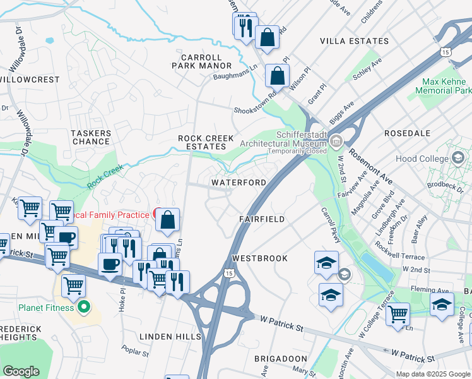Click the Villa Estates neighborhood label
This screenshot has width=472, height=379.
[x=354, y=41]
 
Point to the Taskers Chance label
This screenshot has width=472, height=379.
[x=91, y=137]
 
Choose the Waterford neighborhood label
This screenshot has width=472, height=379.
[x=239, y=183]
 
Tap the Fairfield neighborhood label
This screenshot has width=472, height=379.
[x=262, y=219]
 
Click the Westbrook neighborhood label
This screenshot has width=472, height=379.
[x=259, y=258]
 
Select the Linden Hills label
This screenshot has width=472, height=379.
[x=170, y=337]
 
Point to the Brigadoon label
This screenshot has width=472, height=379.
[x=280, y=358]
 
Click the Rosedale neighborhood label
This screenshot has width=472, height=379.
[x=407, y=134]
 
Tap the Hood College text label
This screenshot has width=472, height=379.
[x=420, y=159]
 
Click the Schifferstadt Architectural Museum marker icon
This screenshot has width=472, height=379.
[x=337, y=140]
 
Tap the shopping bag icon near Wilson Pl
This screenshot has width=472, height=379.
[x=277, y=76]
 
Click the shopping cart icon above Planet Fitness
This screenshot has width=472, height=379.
[x=74, y=286]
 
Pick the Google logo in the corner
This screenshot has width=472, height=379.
[x=21, y=371]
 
